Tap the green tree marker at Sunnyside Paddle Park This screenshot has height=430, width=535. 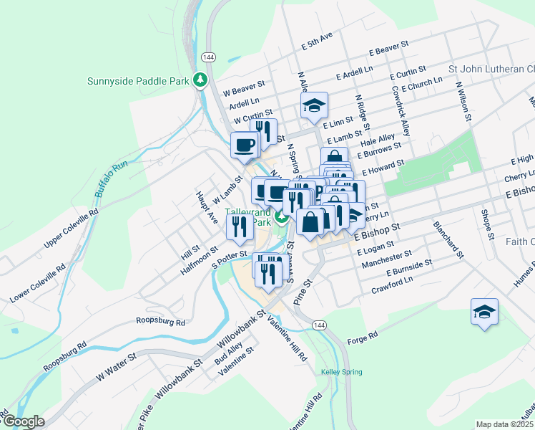click(200, 80)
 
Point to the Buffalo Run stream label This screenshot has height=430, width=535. click(111, 179)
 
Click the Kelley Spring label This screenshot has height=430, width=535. click(341, 372)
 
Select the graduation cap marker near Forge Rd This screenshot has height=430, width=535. click(484, 312)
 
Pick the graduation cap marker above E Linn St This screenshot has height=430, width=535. click(314, 106)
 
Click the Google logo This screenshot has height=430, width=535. click(23, 421)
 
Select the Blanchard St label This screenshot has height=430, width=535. click(448, 240)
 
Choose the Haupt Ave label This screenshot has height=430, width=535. click(207, 207)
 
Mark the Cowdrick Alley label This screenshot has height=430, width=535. click(401, 111)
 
